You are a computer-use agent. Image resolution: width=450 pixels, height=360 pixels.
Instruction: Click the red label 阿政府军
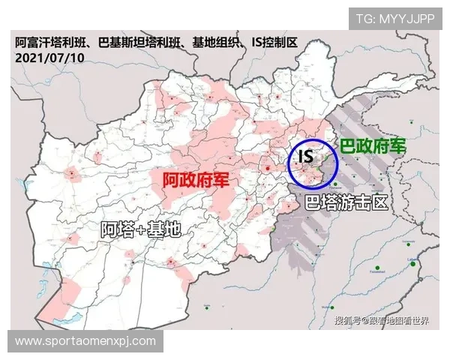click(x=197, y=181)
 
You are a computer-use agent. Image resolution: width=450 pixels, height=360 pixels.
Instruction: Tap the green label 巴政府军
click(x=372, y=147)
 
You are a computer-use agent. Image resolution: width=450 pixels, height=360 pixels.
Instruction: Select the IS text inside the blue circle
click(x=305, y=157)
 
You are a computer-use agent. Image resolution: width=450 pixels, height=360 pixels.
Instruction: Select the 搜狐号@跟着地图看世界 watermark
click(x=382, y=321)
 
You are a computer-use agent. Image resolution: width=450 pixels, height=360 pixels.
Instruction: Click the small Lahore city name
click(x=412, y=259)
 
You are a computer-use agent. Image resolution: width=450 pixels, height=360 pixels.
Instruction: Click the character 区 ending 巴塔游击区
click(x=379, y=203)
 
